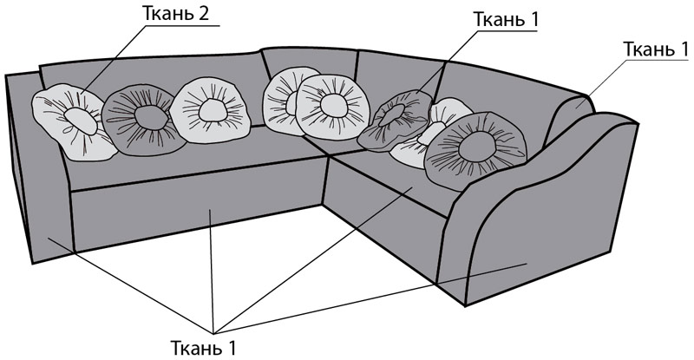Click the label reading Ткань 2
pos(176,14)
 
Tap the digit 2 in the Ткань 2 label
pos(203,14)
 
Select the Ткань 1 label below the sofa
pos(204,348)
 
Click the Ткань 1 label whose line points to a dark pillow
pos(506,19)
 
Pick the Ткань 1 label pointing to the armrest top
pos(656,49)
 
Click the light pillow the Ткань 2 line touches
pos(73,121)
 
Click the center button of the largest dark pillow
pos(477,147)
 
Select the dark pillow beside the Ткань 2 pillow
pos(144,120)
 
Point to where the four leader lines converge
pos(213,333)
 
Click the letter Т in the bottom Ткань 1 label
pos(176,349)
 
